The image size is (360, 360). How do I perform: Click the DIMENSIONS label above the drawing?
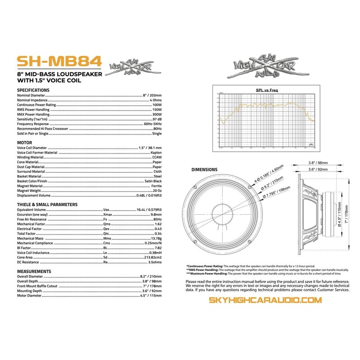click(205, 170)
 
